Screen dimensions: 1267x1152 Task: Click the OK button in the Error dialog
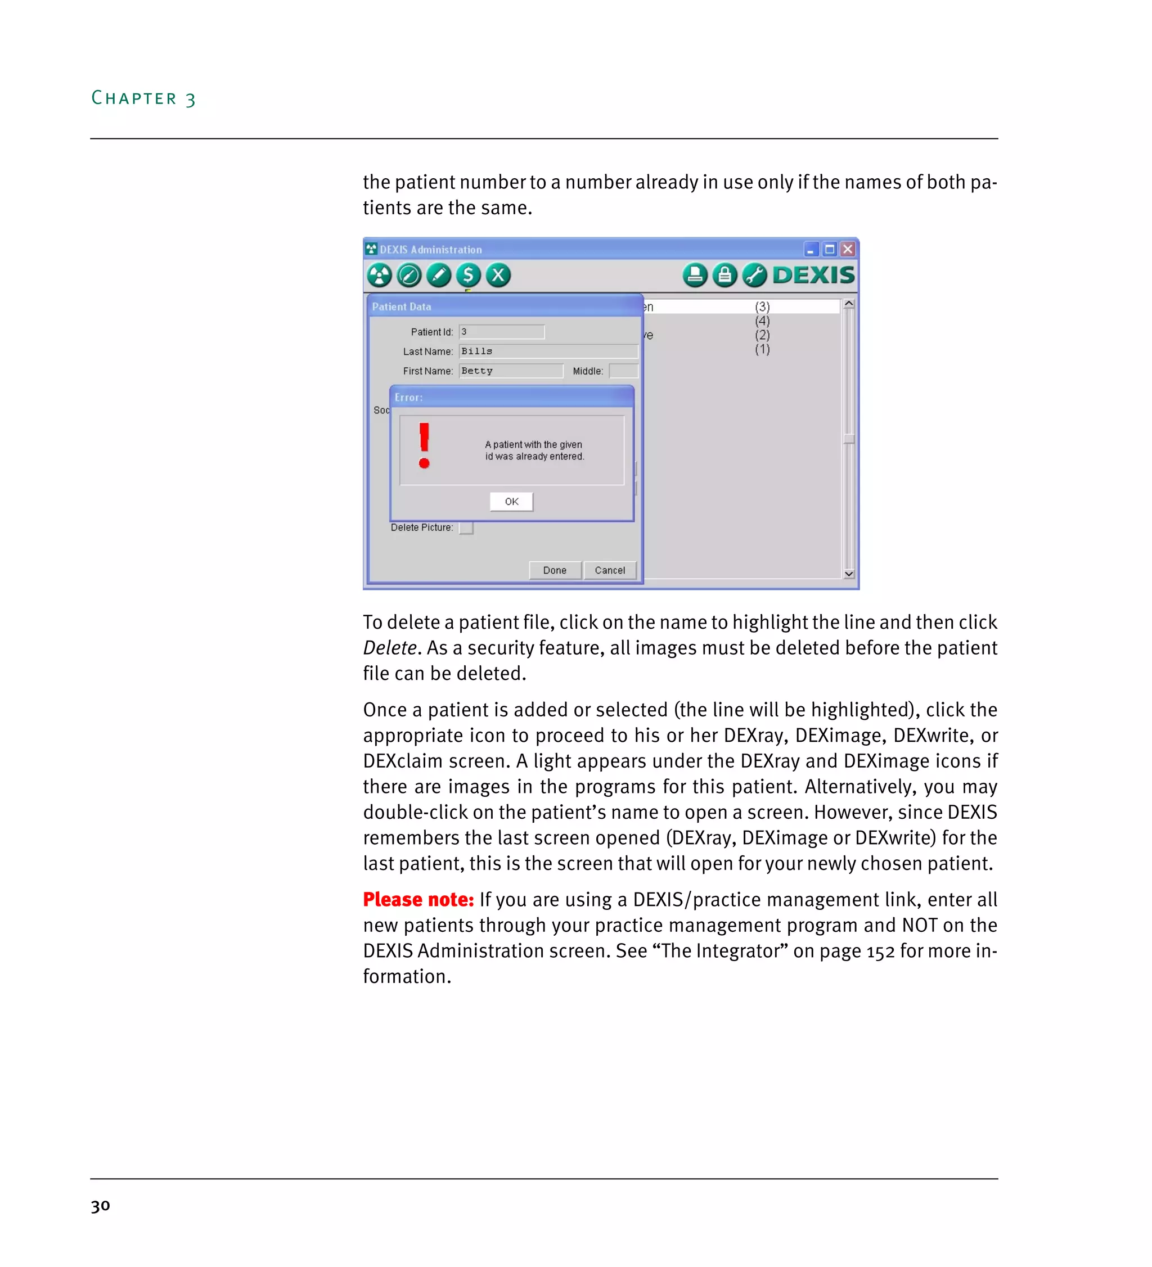(511, 502)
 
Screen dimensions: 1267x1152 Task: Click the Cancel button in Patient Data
(609, 570)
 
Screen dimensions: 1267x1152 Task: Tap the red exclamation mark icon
(424, 445)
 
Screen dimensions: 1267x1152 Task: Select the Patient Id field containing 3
(501, 332)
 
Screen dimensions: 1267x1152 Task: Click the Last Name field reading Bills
(547, 351)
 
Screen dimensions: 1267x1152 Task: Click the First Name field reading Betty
(510, 371)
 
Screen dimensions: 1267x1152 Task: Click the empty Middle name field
(623, 371)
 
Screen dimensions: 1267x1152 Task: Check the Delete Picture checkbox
(466, 528)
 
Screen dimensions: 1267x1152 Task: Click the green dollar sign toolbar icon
(468, 275)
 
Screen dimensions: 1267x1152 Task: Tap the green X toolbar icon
(498, 275)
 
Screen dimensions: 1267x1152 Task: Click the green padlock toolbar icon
(724, 275)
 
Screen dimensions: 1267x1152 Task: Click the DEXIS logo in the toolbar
(813, 275)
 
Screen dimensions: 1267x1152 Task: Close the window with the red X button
(848, 250)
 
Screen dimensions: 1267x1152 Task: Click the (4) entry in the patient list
(762, 321)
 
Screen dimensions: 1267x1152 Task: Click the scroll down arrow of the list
(848, 574)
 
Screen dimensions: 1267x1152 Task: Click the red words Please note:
(418, 900)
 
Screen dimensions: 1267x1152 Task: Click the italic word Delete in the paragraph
(390, 648)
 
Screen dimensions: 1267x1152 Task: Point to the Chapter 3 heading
(143, 98)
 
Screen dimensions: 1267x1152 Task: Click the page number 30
(101, 1205)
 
